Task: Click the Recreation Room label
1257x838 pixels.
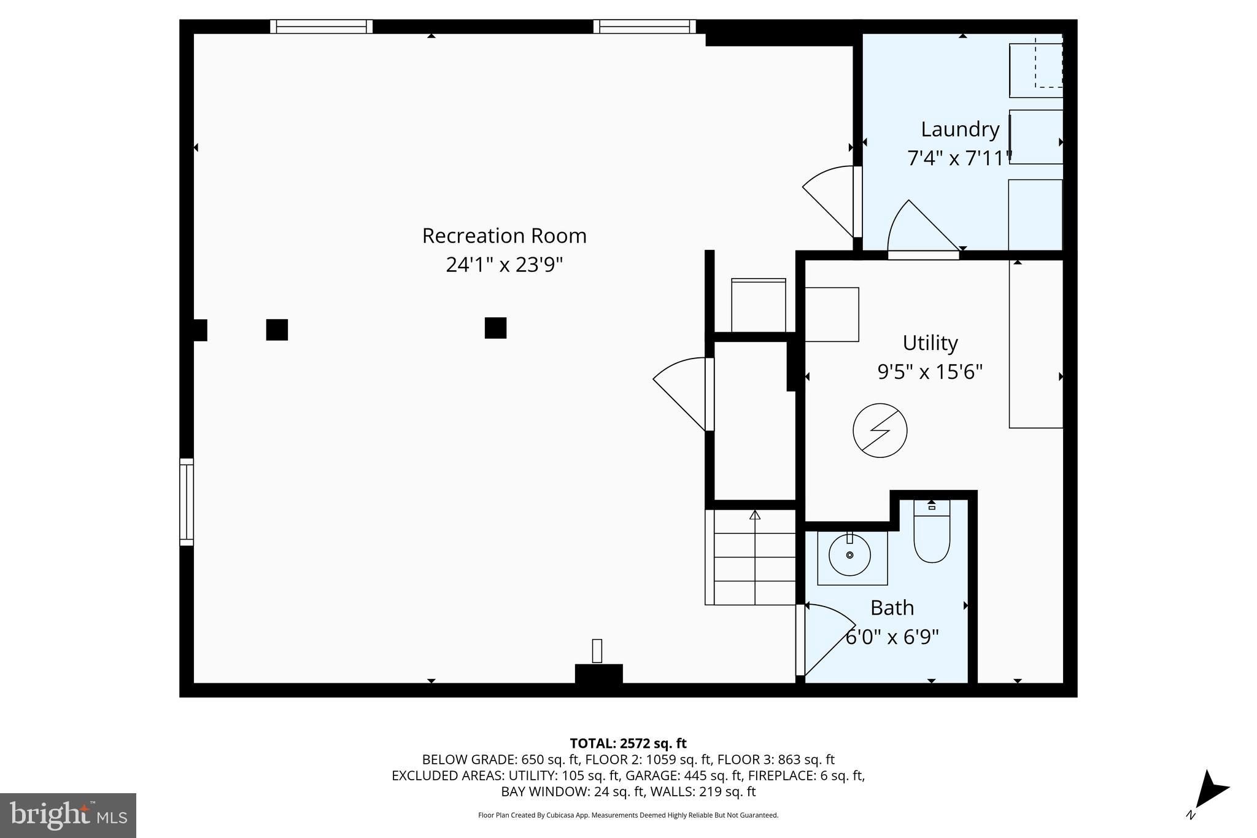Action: coord(504,236)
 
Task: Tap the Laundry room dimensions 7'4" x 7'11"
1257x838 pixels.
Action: coord(959,158)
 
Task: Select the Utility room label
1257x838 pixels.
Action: coord(930,343)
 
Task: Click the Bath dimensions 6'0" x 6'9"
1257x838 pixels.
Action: coord(892,637)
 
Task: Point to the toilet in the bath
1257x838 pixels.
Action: coord(931,534)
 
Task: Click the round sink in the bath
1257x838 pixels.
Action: coord(850,555)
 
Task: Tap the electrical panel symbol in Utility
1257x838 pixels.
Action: coord(880,430)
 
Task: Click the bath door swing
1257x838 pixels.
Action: coord(822,638)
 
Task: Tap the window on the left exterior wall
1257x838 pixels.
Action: coord(187,502)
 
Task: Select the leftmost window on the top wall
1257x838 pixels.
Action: coord(322,26)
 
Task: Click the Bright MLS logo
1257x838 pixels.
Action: coord(68,815)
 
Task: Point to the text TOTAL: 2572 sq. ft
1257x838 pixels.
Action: coord(628,743)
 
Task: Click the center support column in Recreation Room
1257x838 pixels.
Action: coord(495,328)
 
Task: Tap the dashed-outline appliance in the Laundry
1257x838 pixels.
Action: coord(1037,65)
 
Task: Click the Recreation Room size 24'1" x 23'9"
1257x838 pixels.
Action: coord(504,265)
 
